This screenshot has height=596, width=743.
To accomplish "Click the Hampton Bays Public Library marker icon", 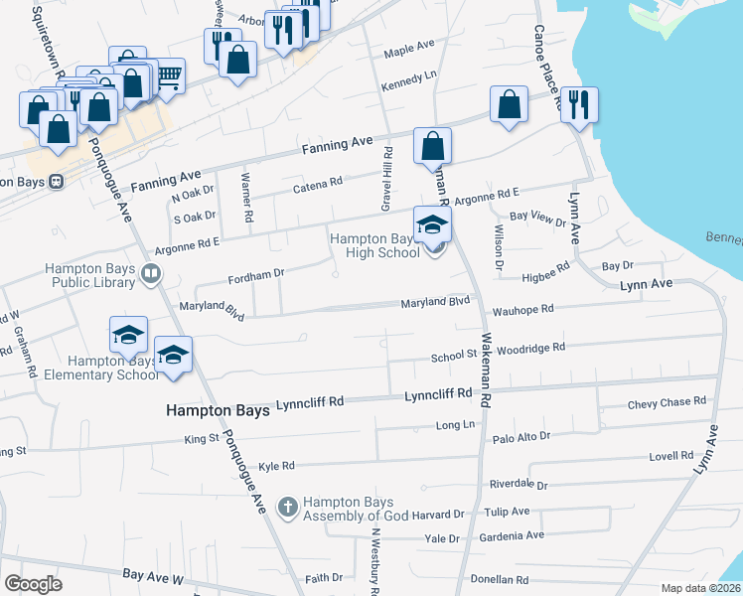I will click(151, 273).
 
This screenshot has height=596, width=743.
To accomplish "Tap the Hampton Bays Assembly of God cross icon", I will click(288, 508).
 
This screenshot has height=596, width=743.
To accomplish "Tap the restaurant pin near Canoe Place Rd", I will click(579, 104).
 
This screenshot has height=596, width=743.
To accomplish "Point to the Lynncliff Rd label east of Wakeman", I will click(438, 394).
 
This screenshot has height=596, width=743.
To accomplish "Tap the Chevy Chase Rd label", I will click(667, 402).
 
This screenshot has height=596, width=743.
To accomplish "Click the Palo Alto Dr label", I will click(520, 435).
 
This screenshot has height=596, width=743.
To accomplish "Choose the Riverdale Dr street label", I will click(519, 485).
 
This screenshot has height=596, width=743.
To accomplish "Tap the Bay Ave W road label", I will click(154, 575).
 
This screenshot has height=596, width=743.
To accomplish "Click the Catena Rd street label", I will click(317, 183).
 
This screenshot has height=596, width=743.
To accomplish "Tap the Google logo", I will click(34, 584).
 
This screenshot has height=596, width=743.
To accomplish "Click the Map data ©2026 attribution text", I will click(701, 588).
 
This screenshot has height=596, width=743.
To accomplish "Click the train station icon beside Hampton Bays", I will click(57, 182).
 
